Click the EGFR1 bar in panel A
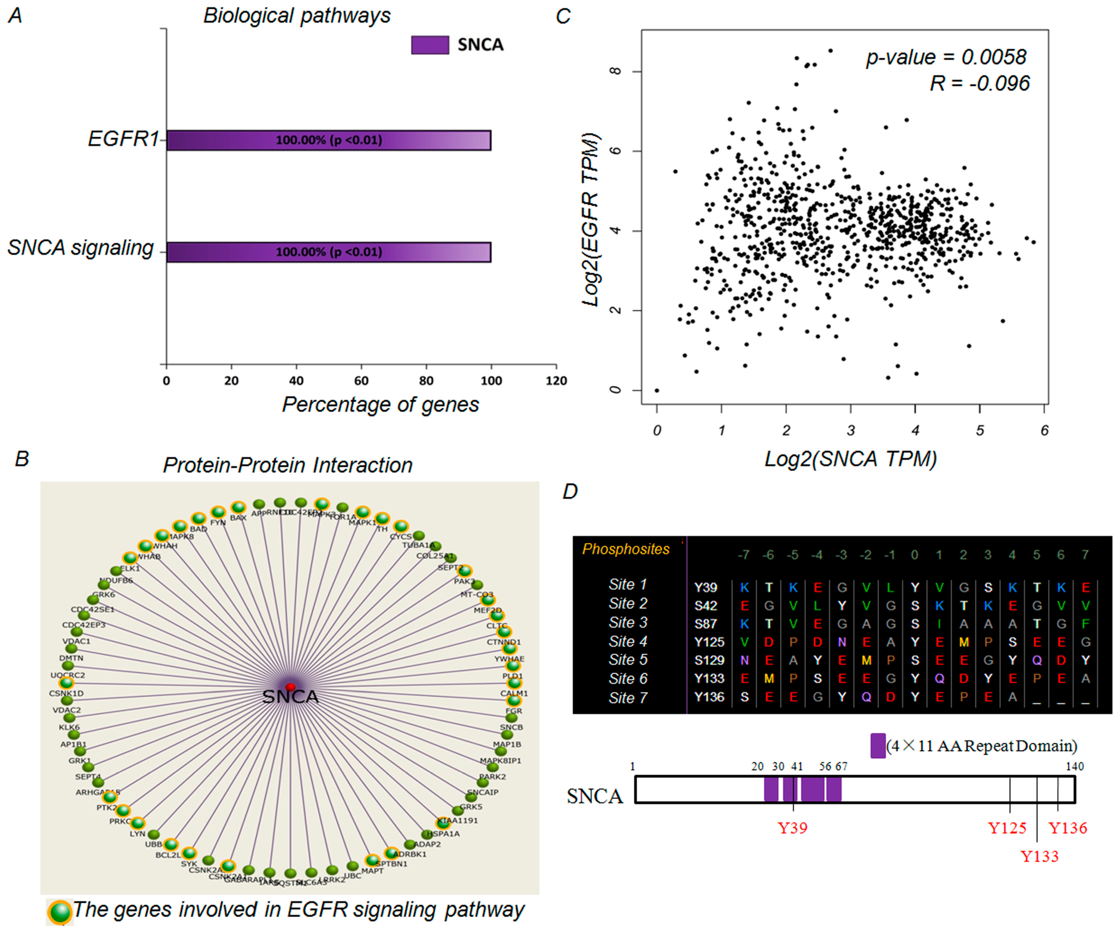click(x=329, y=140)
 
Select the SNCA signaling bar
click(x=329, y=252)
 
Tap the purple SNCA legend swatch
click(x=430, y=45)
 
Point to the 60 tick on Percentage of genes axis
click(x=361, y=380)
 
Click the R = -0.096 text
click(x=980, y=83)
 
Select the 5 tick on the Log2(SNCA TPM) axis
click(x=980, y=430)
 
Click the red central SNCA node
click(x=290, y=686)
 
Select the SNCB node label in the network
click(x=511, y=727)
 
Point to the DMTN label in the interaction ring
click(x=71, y=658)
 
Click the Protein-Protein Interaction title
click(x=288, y=465)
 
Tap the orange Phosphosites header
click(x=625, y=549)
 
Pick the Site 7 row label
click(x=628, y=698)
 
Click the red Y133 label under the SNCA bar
click(x=1039, y=856)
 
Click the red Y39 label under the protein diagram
click(x=793, y=828)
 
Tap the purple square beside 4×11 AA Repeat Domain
click(x=877, y=746)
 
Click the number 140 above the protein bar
click(x=1074, y=766)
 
